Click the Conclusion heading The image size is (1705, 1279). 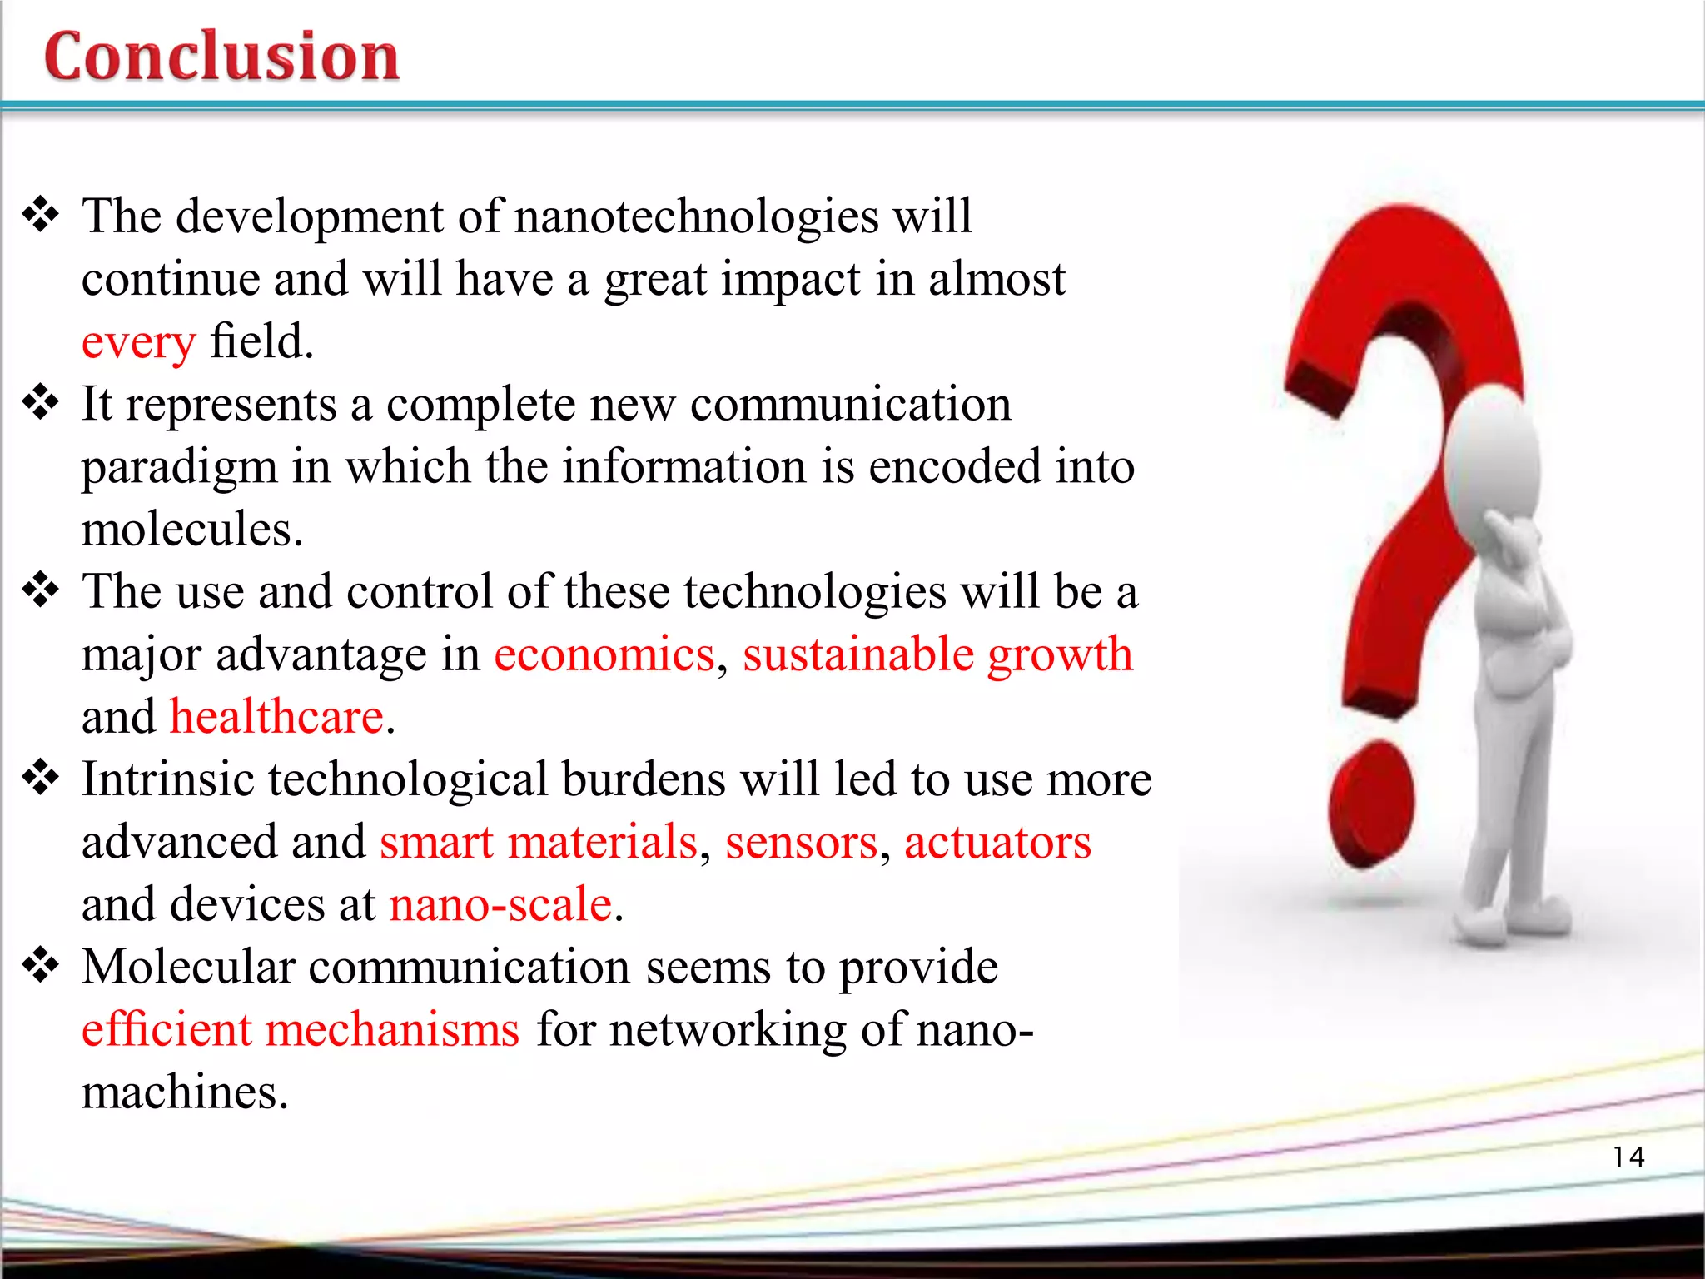(x=221, y=56)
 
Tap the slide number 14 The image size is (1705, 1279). (x=1628, y=1157)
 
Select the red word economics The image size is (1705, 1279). (x=604, y=654)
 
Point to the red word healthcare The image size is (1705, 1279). (x=277, y=717)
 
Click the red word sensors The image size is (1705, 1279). (x=801, y=843)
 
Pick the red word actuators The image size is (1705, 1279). (x=997, y=843)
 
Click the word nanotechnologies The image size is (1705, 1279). (x=697, y=216)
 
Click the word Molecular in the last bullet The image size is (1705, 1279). (x=189, y=968)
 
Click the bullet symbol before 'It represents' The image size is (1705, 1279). (x=41, y=403)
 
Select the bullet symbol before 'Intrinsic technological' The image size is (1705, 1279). (x=41, y=779)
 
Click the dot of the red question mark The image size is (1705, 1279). (x=1371, y=804)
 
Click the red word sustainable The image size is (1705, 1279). (x=857, y=654)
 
